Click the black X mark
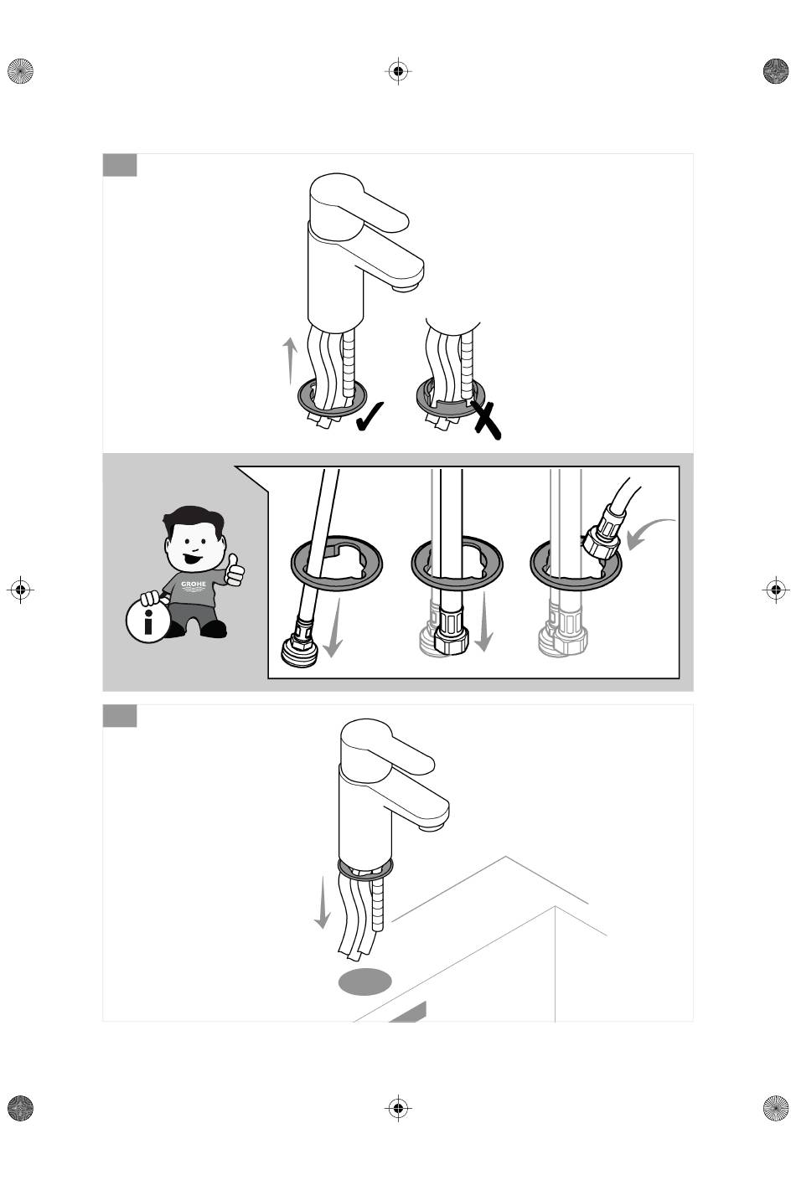point(485,420)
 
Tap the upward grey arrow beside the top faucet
point(289,361)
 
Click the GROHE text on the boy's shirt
point(194,584)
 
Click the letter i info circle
point(148,621)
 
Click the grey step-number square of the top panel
point(120,165)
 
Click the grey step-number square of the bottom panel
point(120,716)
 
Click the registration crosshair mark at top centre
point(399,70)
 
